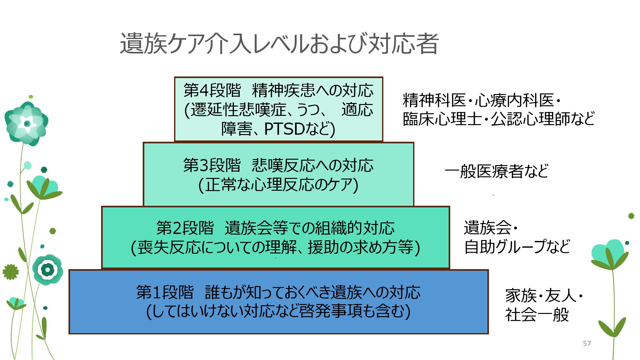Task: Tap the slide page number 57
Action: pyautogui.click(x=587, y=343)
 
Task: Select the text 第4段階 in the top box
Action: pyautogui.click(x=212, y=91)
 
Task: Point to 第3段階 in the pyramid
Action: pyautogui.click(x=212, y=165)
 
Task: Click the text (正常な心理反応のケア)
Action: pyautogui.click(x=278, y=185)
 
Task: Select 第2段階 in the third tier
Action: pyautogui.click(x=185, y=228)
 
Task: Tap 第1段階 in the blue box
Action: pyautogui.click(x=165, y=292)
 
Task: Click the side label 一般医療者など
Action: pyautogui.click(x=497, y=171)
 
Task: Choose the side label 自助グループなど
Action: pyautogui.click(x=517, y=247)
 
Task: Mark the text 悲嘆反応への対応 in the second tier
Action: pyautogui.click(x=313, y=165)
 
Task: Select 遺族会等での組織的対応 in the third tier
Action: pyautogui.click(x=309, y=228)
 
